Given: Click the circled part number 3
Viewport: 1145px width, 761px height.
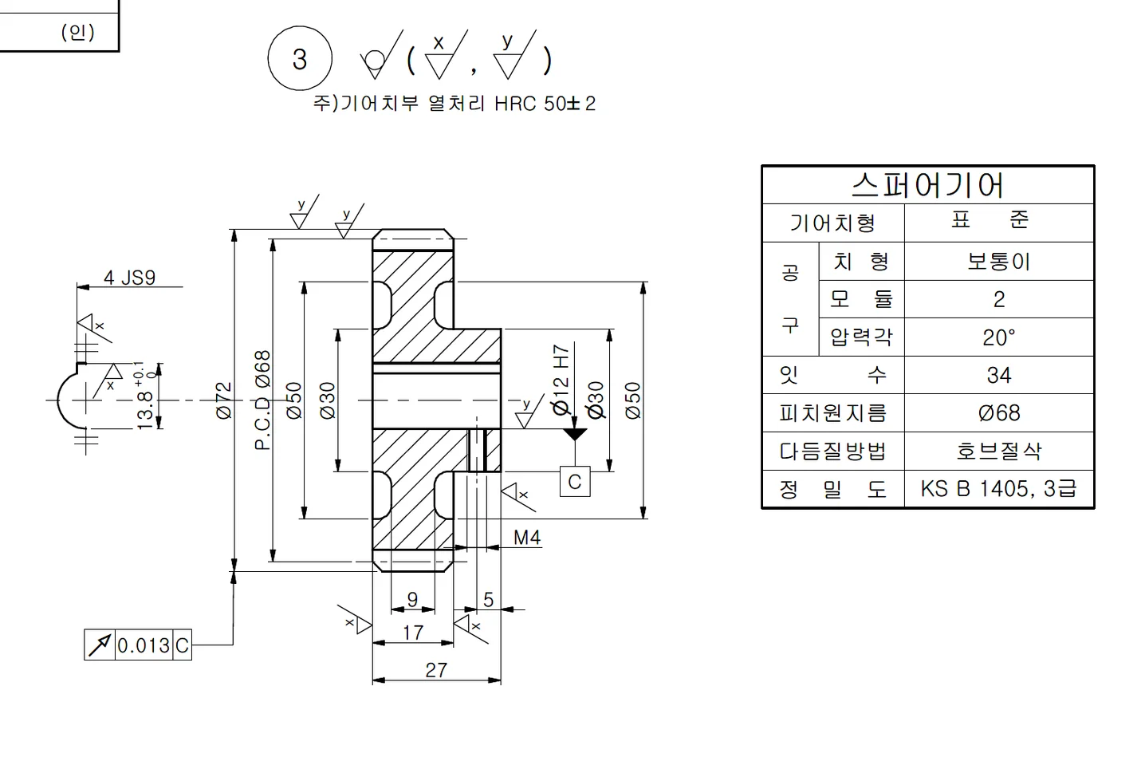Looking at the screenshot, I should point(299,59).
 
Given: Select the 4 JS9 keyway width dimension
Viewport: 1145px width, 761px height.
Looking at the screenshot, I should point(129,278).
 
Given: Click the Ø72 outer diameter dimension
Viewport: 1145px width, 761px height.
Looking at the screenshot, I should point(224,400).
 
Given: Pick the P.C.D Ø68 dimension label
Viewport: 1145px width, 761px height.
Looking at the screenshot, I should point(263,400).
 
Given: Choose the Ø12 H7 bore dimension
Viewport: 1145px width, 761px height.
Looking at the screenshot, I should point(561,380).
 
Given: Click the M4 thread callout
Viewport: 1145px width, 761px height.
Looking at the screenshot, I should point(526,538).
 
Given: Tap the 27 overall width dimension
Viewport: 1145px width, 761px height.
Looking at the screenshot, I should point(436,669).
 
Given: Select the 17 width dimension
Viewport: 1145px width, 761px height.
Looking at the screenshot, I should point(413,633).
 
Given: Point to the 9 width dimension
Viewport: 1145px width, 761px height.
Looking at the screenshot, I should point(412,599).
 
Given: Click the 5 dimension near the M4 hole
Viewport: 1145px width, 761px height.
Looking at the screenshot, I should point(488,599).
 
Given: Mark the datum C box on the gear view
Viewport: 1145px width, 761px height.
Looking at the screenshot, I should point(574,482).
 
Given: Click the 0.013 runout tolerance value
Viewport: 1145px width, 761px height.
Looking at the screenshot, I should point(144,645).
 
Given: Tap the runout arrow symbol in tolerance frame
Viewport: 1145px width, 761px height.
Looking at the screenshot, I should point(99,645).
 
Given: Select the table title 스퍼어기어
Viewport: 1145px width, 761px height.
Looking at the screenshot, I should point(927,185).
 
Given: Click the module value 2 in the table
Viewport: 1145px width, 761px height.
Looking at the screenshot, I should point(998,299).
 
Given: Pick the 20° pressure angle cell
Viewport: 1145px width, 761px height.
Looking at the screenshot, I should point(998,337).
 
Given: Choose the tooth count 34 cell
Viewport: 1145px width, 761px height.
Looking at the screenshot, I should point(998,375).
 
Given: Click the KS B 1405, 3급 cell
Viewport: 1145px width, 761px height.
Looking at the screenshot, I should point(998,489).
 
